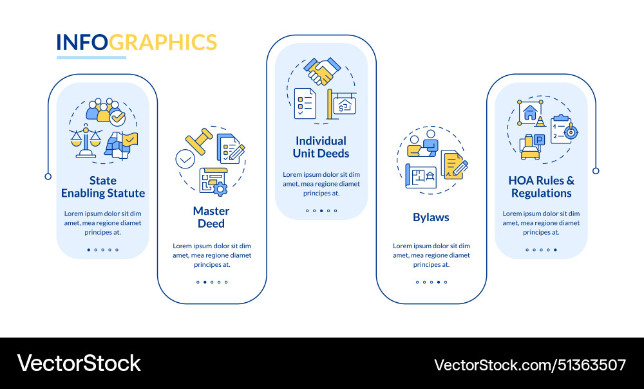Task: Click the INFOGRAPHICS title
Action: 137,42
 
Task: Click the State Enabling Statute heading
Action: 103,186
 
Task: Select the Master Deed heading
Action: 211,217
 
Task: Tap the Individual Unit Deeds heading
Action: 321,147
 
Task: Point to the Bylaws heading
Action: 431,217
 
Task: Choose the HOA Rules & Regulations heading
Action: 541,186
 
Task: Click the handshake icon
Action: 322,71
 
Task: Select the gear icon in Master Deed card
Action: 220,188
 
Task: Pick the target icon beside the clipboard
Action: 569,132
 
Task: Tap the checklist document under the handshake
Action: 305,103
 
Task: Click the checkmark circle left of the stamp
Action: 185,158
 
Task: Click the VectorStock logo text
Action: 79,363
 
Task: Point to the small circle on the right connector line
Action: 596,170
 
